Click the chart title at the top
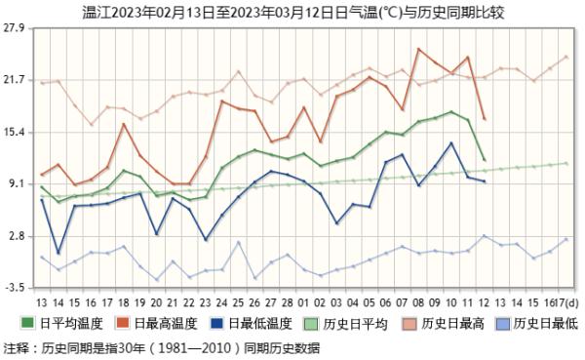(292, 11)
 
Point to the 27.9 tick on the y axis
(16, 27)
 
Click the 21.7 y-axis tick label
(16, 80)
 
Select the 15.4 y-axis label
(16, 132)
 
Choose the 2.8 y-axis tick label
(18, 236)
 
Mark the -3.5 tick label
(16, 289)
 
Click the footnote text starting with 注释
(161, 346)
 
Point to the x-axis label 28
(289, 304)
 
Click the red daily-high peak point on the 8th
(418, 49)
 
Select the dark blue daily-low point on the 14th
(58, 253)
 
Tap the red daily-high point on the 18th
(124, 124)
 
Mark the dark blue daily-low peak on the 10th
(451, 142)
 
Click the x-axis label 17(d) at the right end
(565, 304)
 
